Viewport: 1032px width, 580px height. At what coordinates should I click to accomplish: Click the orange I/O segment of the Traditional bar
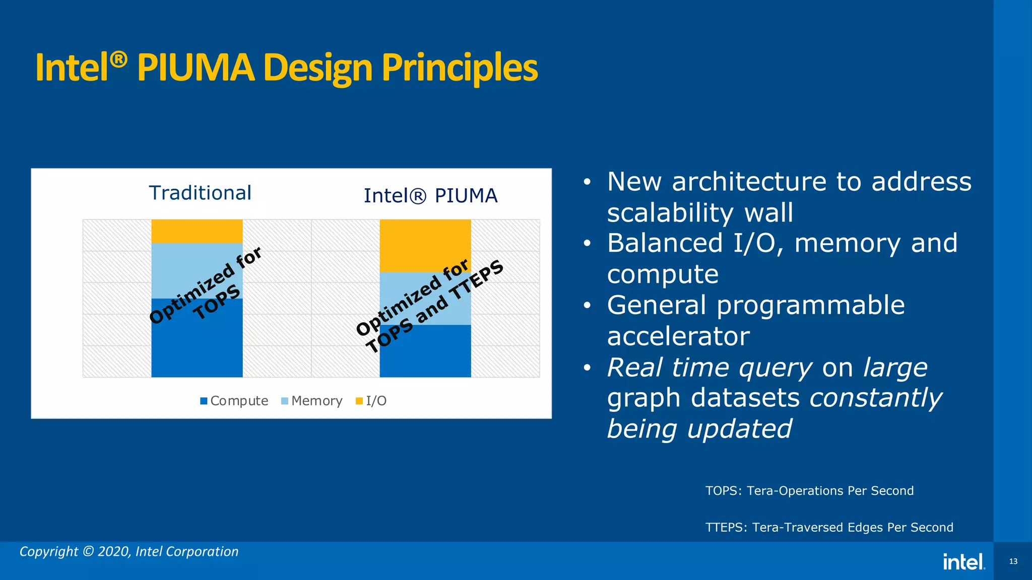pos(197,231)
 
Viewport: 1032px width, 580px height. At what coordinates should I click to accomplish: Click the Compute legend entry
pos(234,401)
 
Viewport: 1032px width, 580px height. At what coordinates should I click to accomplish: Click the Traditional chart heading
pos(200,193)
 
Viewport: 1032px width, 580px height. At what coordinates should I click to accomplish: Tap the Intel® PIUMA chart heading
pos(430,195)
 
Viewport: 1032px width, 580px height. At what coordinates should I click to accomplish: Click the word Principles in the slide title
pos(459,67)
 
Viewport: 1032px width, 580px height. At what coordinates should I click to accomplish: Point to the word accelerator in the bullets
pos(678,336)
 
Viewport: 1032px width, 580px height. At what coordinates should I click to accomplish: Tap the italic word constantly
pos(875,398)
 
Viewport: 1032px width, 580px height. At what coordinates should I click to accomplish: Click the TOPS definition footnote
pos(809,491)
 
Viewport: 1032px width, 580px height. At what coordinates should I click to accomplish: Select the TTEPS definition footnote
pos(829,528)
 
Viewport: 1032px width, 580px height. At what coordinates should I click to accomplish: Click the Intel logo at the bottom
pos(963,562)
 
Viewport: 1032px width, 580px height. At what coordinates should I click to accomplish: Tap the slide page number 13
pos(1013,561)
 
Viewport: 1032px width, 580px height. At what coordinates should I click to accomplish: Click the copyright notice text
pos(129,552)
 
